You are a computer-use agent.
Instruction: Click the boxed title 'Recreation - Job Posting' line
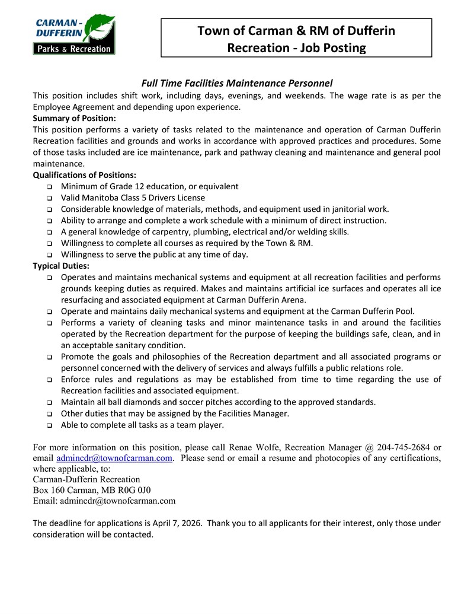pos(296,47)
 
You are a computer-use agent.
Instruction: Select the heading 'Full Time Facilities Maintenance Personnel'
pos(236,83)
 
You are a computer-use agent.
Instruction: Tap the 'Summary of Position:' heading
pos(74,118)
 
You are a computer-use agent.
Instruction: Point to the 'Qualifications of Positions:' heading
pos(85,175)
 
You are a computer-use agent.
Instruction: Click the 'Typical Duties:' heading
pos(61,266)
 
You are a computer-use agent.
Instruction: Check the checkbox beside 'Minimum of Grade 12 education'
pos(49,187)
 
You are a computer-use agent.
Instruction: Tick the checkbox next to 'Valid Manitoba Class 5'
pos(49,198)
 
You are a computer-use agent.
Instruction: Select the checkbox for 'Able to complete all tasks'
pos(49,425)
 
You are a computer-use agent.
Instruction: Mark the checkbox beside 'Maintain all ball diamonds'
pos(49,403)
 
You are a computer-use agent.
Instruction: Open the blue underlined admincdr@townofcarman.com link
pos(114,458)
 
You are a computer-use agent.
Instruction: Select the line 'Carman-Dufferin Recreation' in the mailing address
pos(87,479)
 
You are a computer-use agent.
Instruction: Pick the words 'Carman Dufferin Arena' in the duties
pos(260,300)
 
